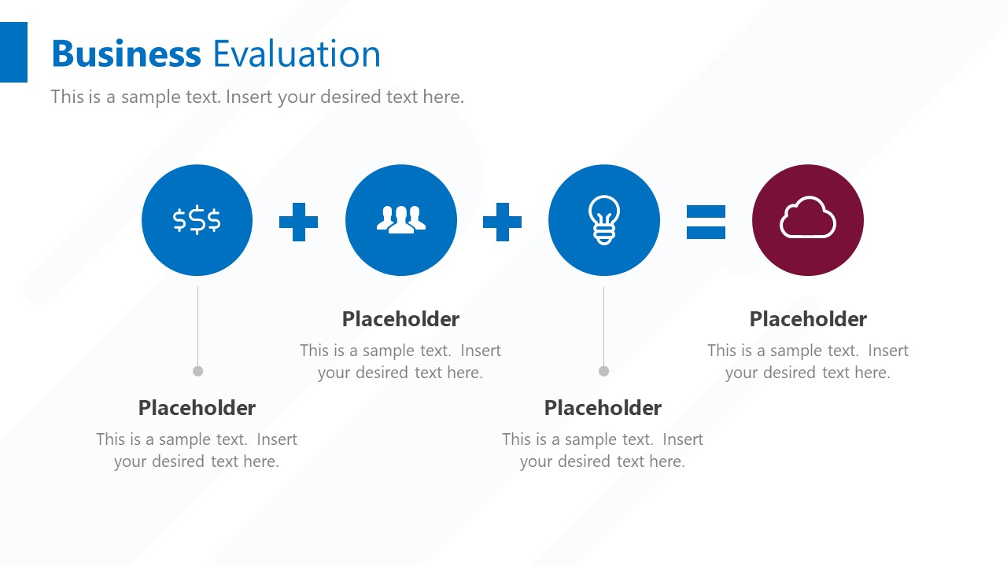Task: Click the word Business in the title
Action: (126, 54)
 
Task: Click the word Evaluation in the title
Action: (297, 54)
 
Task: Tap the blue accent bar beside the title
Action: (13, 52)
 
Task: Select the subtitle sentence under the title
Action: (257, 97)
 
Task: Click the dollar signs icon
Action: (197, 220)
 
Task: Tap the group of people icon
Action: (401, 219)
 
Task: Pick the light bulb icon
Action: (604, 220)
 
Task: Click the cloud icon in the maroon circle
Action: (807, 219)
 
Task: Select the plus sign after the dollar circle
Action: (299, 222)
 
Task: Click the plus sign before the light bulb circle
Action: (502, 222)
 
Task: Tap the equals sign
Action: (706, 222)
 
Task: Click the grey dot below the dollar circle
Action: (197, 371)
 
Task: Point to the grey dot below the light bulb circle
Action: (603, 371)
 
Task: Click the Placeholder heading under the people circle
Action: (400, 319)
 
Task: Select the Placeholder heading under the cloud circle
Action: (808, 319)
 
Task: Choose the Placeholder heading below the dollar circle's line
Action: (197, 408)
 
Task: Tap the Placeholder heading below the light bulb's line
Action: (603, 408)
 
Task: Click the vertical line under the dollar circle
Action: (197, 326)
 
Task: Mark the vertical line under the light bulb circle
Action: (603, 326)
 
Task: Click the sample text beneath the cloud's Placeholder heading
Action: (808, 362)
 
